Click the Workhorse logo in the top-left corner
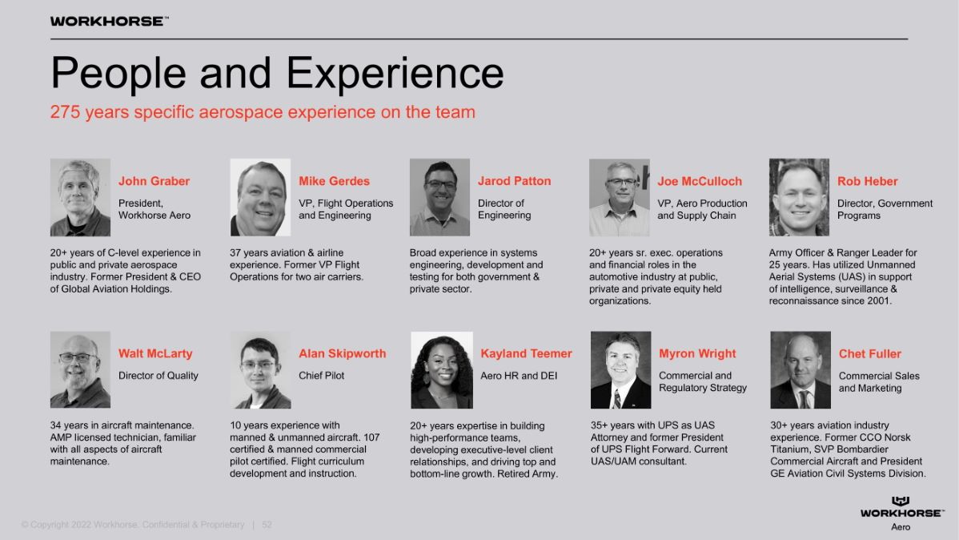tap(109, 21)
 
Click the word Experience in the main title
tap(395, 74)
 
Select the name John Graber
tap(154, 181)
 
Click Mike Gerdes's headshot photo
tap(260, 197)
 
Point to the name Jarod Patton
tap(515, 181)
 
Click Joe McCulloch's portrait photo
tap(620, 197)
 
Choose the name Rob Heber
tap(867, 181)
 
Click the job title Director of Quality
tap(158, 375)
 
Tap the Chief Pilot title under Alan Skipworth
tap(321, 375)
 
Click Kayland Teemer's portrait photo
tap(442, 370)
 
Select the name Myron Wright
tap(697, 353)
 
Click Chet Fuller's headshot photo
tap(801, 370)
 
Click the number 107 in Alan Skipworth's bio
tap(371, 437)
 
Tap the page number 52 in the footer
tap(267, 525)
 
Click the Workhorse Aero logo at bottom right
tap(901, 513)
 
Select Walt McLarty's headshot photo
tap(80, 370)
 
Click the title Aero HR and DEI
tap(519, 375)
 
